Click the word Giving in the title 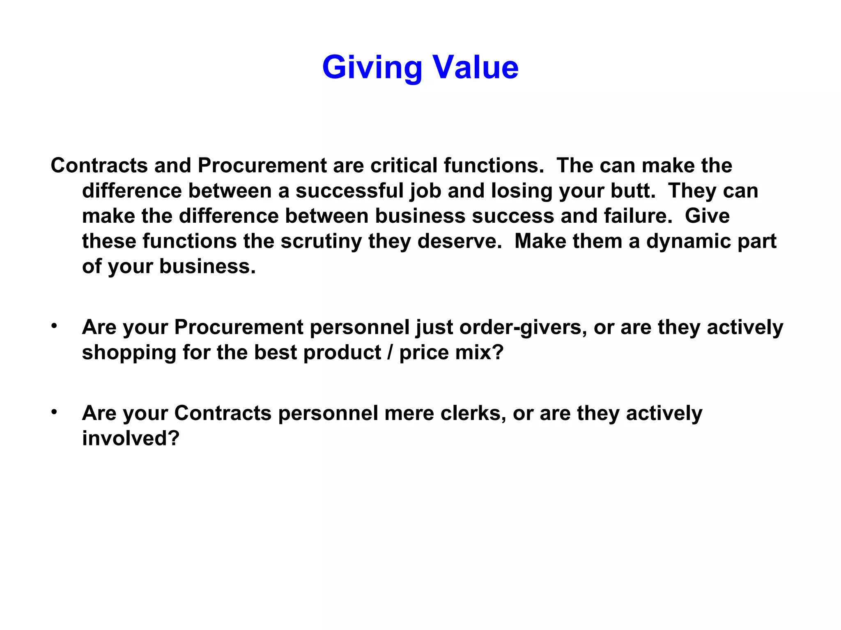[372, 67]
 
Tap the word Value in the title [476, 67]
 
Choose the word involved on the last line [131, 438]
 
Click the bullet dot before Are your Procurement [54, 326]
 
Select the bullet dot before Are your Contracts [54, 412]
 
